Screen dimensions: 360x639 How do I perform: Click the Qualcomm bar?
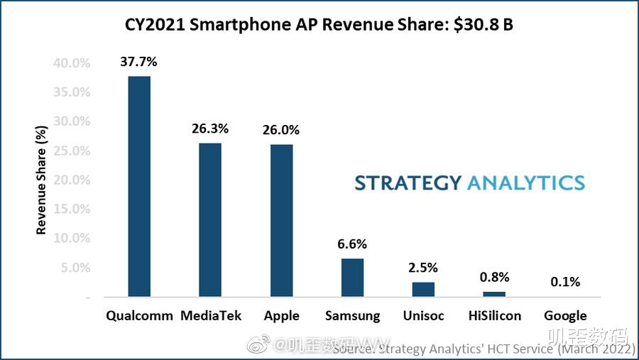(x=139, y=186)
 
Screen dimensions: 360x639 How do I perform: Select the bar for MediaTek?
(x=210, y=219)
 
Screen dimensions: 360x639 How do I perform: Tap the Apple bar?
(x=281, y=220)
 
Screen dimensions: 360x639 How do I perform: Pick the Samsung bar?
(x=352, y=278)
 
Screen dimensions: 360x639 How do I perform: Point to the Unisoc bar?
(x=423, y=289)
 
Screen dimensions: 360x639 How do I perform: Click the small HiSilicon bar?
(x=494, y=294)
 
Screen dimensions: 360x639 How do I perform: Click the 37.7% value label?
(x=138, y=62)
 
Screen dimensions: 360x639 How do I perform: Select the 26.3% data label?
(x=210, y=129)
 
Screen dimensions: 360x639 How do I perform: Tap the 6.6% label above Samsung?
(x=352, y=244)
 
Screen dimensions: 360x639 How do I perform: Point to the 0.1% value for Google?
(x=565, y=282)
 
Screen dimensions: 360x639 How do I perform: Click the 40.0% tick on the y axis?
(x=71, y=63)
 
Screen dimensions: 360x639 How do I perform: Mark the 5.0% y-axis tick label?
(x=75, y=268)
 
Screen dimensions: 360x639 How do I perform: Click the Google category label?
(x=565, y=316)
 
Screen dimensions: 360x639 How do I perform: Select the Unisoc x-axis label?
(x=423, y=316)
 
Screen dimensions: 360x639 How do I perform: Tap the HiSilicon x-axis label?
(x=494, y=316)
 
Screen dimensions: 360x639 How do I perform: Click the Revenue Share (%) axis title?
(x=42, y=180)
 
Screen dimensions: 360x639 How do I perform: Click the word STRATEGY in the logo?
(x=408, y=182)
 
